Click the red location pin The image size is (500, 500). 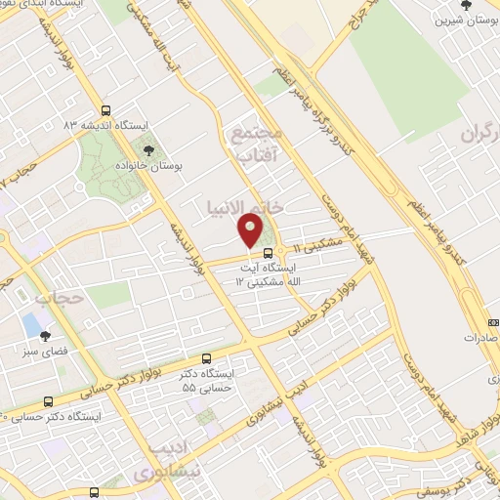[x=251, y=230]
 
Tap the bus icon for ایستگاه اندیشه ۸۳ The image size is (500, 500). [x=104, y=110]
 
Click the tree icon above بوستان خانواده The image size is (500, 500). [x=147, y=150]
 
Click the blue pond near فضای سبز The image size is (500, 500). [x=32, y=321]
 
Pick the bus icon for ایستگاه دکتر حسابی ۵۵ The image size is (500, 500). [x=205, y=359]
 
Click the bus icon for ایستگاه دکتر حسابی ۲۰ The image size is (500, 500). [x=48, y=399]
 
